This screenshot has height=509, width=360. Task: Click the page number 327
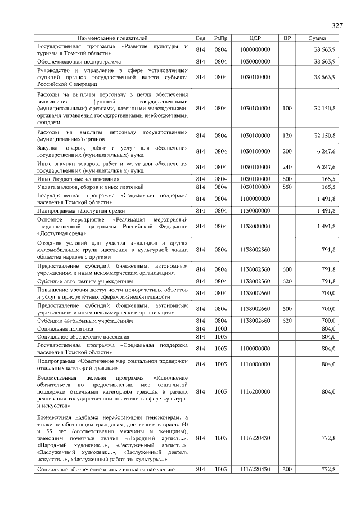click(x=337, y=26)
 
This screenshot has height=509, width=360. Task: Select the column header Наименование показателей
click(x=112, y=38)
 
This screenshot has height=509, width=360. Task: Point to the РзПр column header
click(x=220, y=38)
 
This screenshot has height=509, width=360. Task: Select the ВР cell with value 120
click(x=287, y=136)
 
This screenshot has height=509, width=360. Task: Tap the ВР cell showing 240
click(x=287, y=166)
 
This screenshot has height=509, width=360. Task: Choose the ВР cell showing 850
click(x=287, y=187)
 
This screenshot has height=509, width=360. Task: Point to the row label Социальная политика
click(x=65, y=328)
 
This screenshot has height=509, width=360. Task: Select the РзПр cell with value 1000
click(x=220, y=328)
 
